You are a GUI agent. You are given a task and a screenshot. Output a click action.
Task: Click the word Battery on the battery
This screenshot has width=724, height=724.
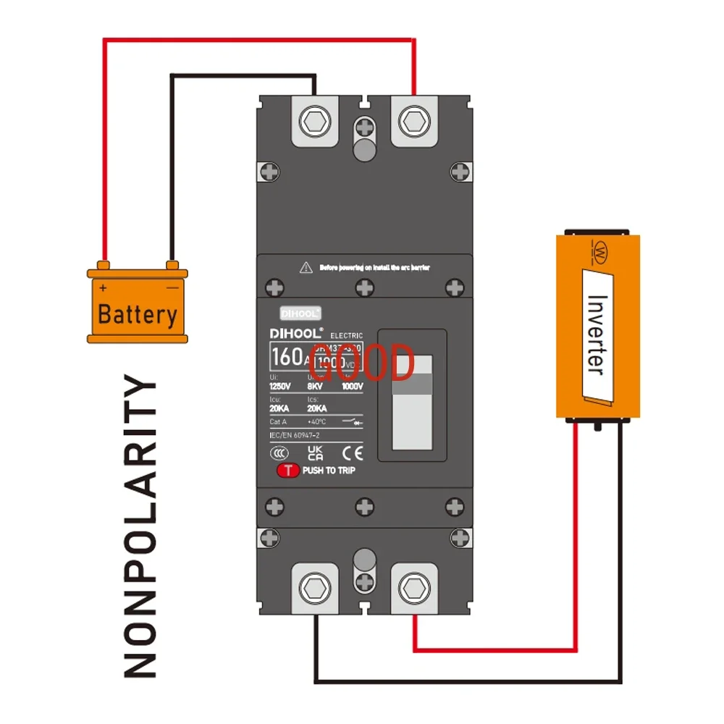[x=137, y=315]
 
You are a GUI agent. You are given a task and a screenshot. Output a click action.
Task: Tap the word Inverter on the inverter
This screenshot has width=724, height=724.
[x=596, y=333]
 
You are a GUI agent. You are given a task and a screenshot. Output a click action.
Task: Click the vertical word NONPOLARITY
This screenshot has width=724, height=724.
[x=140, y=527]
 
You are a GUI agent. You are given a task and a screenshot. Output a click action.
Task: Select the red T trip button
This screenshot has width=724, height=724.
[x=288, y=470]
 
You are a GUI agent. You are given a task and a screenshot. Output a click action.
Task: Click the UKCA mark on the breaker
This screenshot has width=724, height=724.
[x=316, y=453]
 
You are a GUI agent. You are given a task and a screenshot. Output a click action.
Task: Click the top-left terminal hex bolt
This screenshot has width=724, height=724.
[x=315, y=118]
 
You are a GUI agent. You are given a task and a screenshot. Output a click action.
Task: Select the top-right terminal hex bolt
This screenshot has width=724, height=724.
[x=414, y=118]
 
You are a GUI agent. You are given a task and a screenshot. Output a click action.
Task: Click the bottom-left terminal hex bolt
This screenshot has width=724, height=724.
[x=315, y=586]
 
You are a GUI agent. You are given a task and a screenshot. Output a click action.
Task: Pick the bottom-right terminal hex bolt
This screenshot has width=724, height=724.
[x=414, y=586]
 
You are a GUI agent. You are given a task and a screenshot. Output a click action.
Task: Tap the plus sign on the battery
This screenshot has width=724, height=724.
[x=104, y=287]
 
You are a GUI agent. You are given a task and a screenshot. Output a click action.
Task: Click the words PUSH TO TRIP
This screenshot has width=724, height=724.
[x=329, y=471]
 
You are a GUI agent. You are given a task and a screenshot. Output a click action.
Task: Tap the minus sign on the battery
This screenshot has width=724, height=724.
[x=172, y=287]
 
